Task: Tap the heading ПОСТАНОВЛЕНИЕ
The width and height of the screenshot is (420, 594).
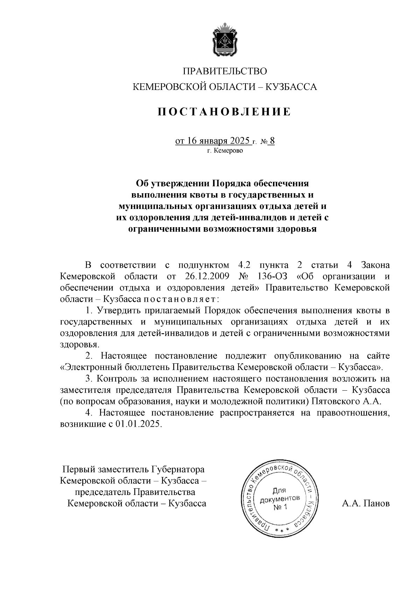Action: click(x=224, y=112)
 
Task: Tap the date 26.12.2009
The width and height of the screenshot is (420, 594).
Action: click(x=206, y=276)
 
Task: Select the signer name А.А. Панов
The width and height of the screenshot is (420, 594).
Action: click(x=366, y=503)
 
